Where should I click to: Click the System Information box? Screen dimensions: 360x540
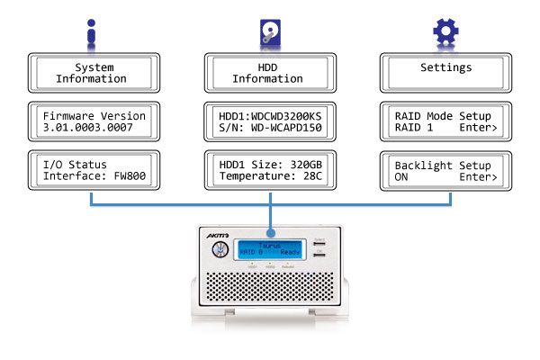coord(91,73)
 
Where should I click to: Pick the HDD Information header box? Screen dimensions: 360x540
coord(269,73)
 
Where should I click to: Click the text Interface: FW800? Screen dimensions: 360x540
coord(92,177)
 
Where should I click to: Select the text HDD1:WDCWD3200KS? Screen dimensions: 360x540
coord(269,116)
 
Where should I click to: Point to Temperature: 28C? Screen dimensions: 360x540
coord(269,177)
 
